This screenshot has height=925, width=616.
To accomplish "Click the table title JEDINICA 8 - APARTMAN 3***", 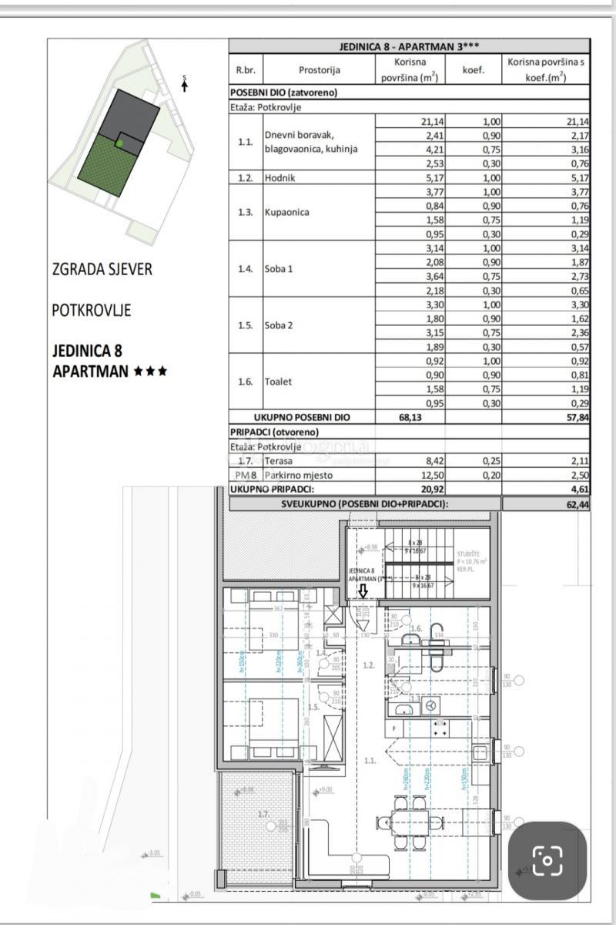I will click(410, 46).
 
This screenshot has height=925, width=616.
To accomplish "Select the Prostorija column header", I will click(319, 70).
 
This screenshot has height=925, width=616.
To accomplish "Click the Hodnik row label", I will click(280, 177).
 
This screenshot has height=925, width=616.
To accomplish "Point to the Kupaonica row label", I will click(286, 212).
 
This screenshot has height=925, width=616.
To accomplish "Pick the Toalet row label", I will click(278, 382).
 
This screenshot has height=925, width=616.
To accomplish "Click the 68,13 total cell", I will click(410, 417).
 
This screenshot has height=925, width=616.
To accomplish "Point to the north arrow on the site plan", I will click(185, 83).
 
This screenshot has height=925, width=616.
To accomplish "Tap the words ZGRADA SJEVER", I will click(102, 269).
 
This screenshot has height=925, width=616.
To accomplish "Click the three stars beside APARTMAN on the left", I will click(150, 371).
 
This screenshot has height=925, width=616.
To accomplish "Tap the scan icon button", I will click(547, 860).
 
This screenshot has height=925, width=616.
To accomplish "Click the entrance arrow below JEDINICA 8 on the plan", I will click(363, 590).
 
